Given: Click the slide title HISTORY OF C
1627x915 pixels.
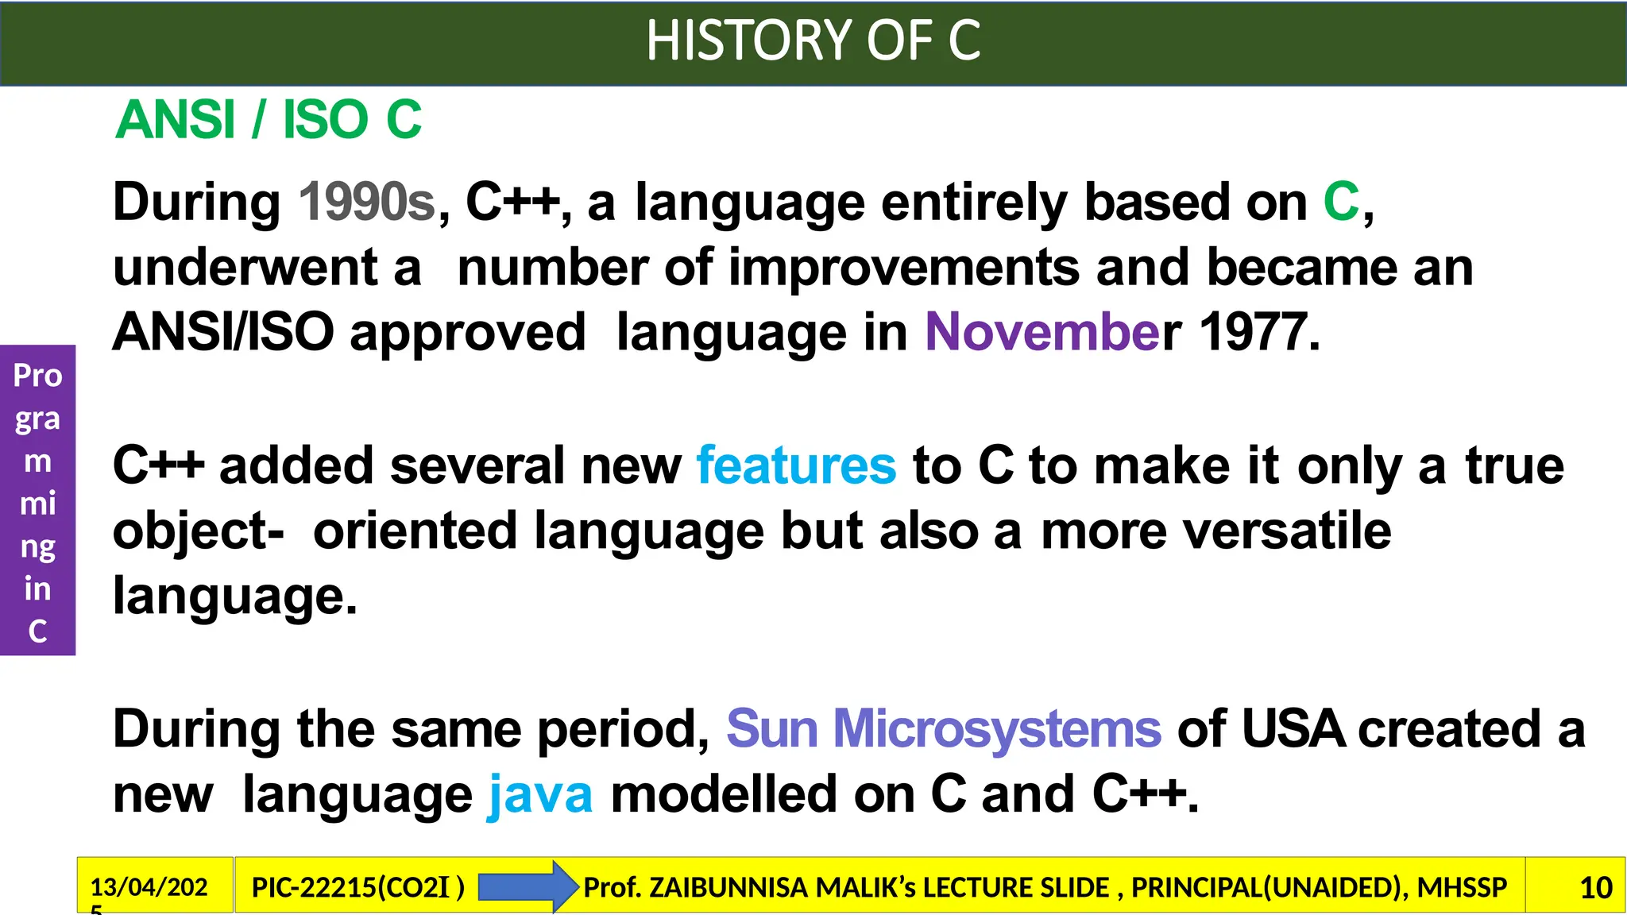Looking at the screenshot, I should click(813, 41).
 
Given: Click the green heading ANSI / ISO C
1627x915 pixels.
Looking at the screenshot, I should click(269, 120).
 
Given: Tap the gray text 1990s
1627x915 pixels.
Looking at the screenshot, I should click(367, 202).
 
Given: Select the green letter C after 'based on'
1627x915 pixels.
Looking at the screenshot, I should click(1341, 202).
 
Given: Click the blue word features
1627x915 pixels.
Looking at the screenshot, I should click(796, 465).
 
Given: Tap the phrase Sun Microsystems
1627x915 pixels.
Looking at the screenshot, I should click(943, 729).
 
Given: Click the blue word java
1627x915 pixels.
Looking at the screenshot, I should click(540, 794).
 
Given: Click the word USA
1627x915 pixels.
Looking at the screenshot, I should click(1292, 729).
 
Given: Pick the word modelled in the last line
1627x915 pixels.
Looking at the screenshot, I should click(723, 794).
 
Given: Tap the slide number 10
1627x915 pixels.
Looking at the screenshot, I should click(1595, 887).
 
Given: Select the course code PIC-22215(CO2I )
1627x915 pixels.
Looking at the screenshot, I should click(357, 887).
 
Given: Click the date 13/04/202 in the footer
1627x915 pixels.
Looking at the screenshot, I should click(149, 887).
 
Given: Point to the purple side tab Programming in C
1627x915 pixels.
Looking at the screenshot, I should click(37, 500).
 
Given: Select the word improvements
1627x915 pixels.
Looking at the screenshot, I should click(903, 267).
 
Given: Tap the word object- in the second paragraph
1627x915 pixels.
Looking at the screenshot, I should click(198, 531).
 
